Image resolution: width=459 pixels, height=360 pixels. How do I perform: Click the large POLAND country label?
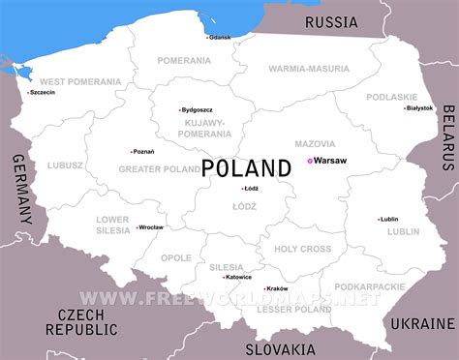[246, 167]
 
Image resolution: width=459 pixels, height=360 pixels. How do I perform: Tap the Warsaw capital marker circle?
[310, 161]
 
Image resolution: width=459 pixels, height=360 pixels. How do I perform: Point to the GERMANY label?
[20, 199]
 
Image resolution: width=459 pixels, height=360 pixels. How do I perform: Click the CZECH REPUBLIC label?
[87, 322]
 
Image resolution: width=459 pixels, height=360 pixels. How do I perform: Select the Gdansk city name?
[221, 37]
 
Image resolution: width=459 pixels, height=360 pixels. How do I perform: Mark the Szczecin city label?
[44, 94]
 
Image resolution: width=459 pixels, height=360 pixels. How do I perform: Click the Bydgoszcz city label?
[199, 110]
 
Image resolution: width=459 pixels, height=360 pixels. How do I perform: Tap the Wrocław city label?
[151, 227]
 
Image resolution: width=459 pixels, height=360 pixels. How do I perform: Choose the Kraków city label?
[277, 289]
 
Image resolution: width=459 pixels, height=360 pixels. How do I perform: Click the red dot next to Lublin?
[379, 219]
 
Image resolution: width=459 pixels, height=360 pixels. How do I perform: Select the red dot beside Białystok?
[405, 107]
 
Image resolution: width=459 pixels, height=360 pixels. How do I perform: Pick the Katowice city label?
[237, 277]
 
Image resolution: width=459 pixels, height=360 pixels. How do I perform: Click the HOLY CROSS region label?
[303, 249]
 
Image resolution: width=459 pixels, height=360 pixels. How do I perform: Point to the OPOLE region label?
[176, 258]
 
